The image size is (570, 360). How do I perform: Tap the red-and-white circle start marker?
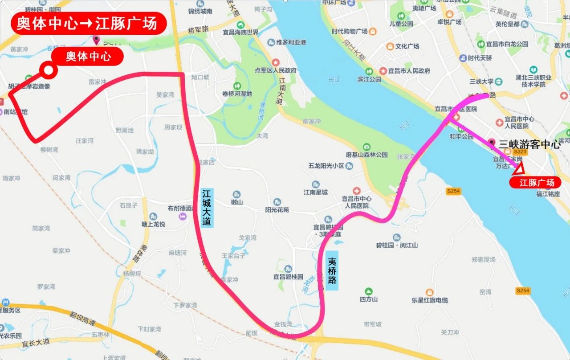[47, 70]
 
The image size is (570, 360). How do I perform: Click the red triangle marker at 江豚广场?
[519, 169]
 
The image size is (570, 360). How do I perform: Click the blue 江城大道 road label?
[207, 208]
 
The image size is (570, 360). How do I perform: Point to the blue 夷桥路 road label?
[332, 271]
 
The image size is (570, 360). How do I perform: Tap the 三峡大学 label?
[481, 82]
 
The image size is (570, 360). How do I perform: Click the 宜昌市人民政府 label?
[409, 71]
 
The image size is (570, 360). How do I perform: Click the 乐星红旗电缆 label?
[429, 300]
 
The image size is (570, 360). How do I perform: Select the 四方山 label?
[369, 299]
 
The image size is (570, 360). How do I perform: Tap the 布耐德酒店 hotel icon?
[182, 216]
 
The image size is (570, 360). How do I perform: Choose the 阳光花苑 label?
[277, 209]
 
